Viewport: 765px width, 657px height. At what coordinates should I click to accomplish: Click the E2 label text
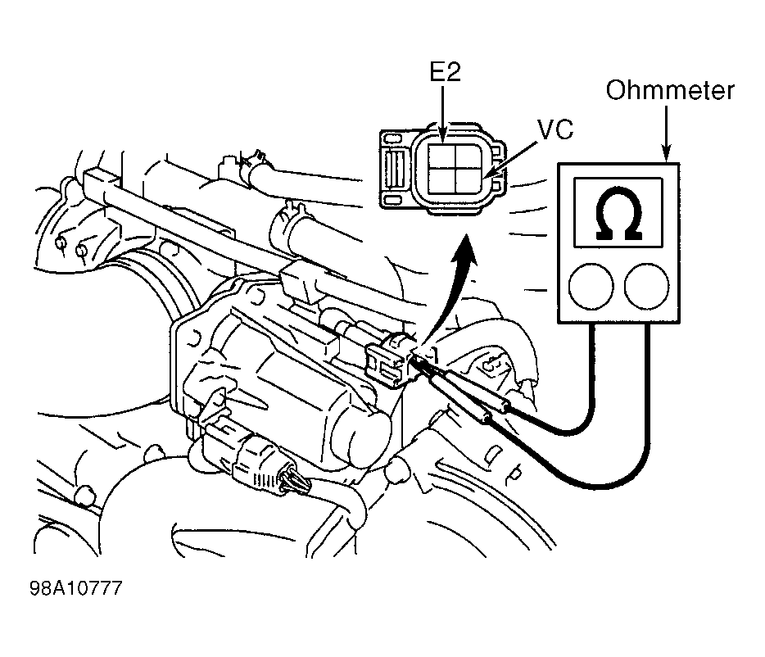[x=445, y=72]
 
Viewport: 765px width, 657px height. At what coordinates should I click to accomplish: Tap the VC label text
[x=555, y=129]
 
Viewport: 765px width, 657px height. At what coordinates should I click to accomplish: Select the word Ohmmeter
[x=670, y=91]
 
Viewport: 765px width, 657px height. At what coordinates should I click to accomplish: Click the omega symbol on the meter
[x=618, y=213]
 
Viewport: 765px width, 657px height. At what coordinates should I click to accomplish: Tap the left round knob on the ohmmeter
[x=591, y=286]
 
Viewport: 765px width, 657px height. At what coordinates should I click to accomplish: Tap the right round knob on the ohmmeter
[x=646, y=286]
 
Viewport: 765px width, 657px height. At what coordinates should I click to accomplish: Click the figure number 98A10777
[x=75, y=588]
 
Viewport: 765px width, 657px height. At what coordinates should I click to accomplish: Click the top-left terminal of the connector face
[x=441, y=156]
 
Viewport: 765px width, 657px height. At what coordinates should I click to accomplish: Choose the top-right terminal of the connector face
[x=468, y=156]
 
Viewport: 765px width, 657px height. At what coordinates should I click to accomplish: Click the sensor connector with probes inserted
[x=391, y=358]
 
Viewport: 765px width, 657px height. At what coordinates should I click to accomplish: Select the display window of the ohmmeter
[x=618, y=212]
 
